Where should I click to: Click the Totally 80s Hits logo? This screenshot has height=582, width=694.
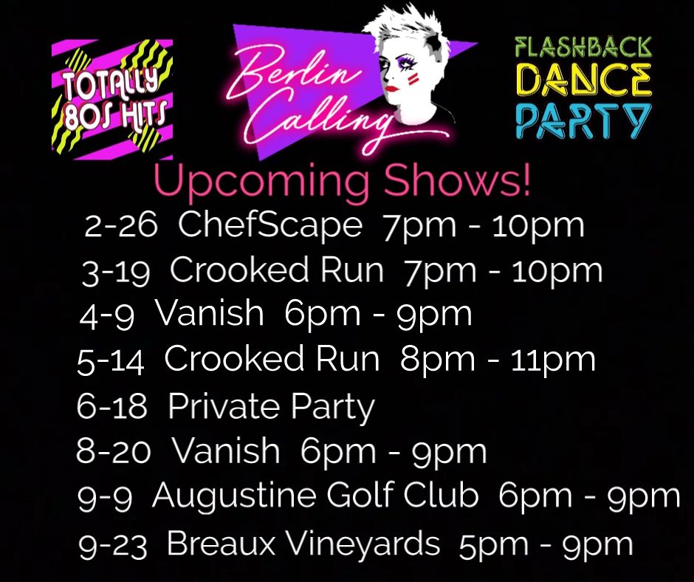click(x=112, y=99)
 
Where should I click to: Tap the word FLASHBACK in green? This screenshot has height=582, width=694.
click(x=584, y=48)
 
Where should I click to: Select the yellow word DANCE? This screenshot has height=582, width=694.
click(x=584, y=81)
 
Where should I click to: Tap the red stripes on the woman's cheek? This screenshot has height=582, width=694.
click(x=413, y=79)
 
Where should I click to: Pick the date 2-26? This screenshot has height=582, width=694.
click(x=120, y=225)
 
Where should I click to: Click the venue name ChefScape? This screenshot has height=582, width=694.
click(x=270, y=226)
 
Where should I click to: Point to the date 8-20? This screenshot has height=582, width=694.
click(x=113, y=451)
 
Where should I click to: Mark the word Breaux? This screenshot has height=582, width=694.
click(x=221, y=543)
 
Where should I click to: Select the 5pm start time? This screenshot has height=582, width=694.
click(x=493, y=546)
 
